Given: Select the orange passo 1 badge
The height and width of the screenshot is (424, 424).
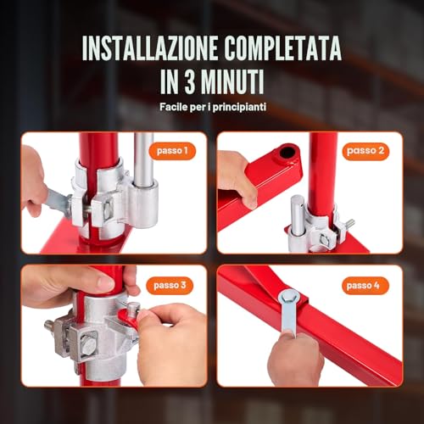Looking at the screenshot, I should (x=172, y=150).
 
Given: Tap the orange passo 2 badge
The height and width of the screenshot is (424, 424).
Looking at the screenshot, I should (x=367, y=150).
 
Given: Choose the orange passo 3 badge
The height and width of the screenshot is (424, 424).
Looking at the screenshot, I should (x=172, y=285).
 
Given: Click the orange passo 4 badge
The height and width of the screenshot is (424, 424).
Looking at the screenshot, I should (x=366, y=285).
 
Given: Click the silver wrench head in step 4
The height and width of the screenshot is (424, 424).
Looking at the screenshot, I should (x=288, y=300).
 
